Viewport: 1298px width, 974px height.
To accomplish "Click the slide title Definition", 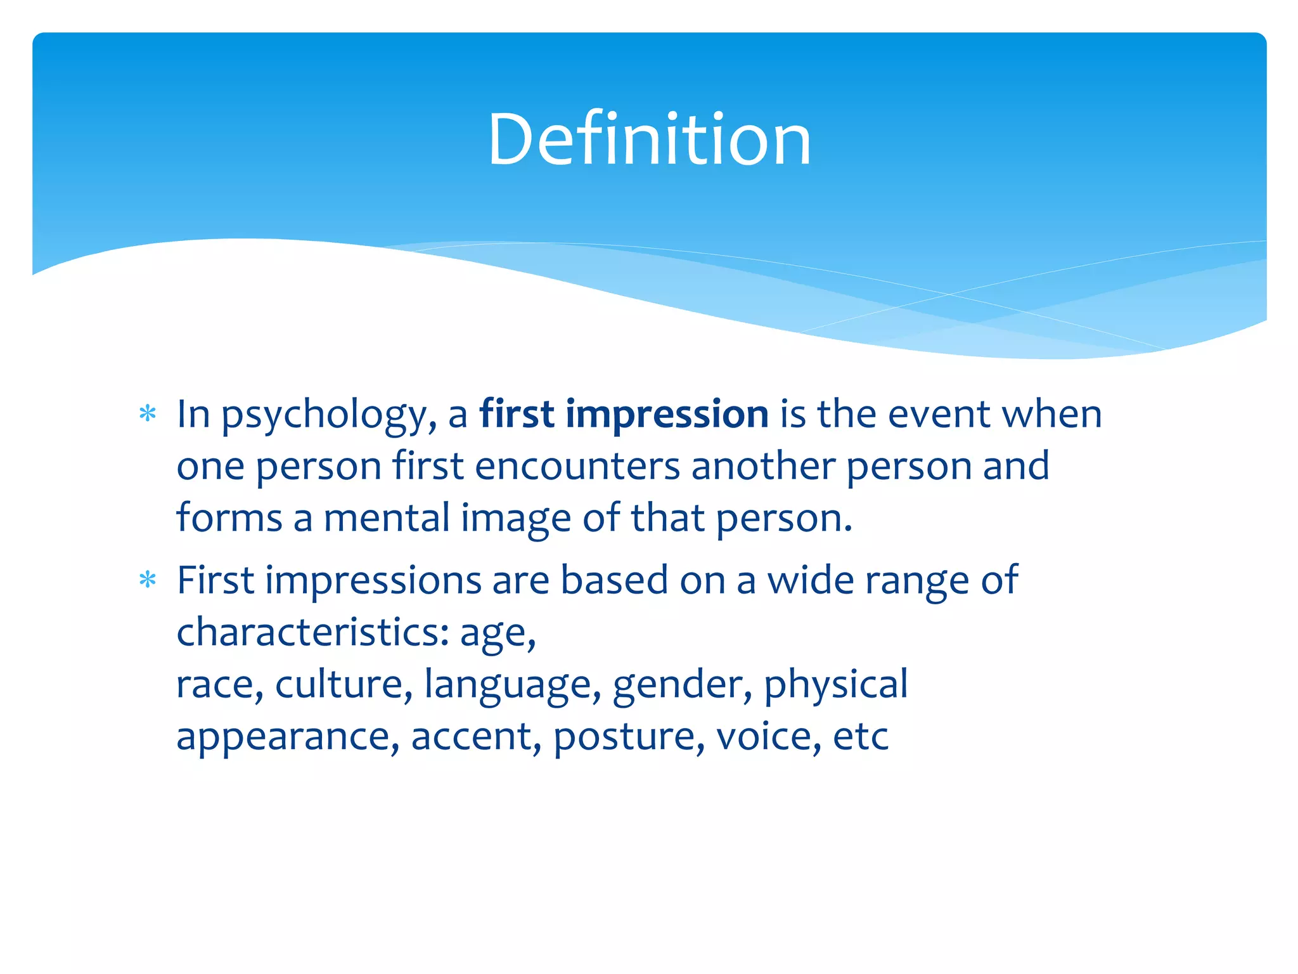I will pos(649,140).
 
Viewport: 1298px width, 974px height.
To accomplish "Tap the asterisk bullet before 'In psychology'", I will pos(148,414).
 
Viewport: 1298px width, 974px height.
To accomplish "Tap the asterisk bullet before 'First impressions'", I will pos(148,580).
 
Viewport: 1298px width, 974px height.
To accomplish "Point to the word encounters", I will pos(577,466).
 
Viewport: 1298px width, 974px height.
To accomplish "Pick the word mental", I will pos(387,518).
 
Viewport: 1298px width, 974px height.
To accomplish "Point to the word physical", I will pos(835,685).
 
